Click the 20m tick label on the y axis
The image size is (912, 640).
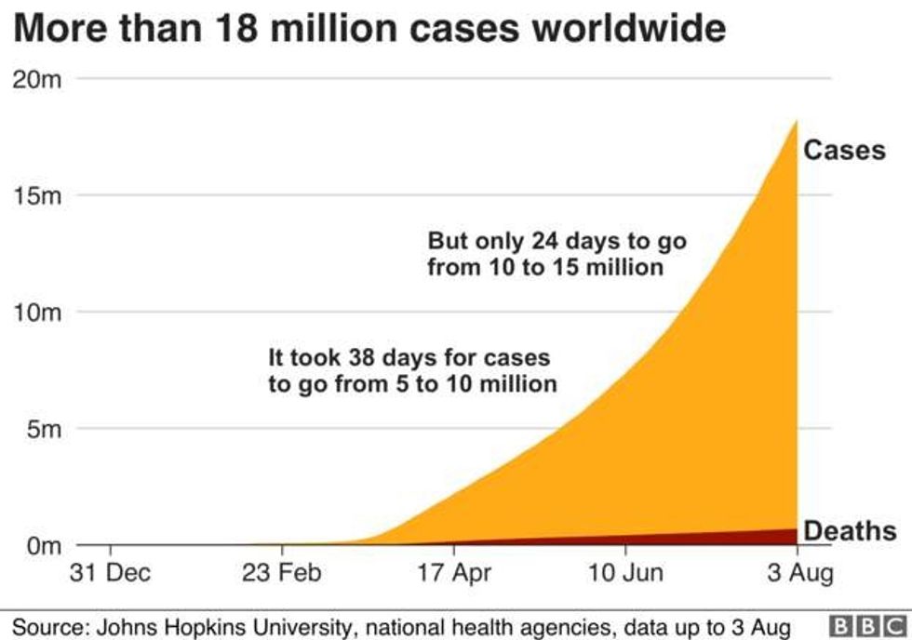[x=37, y=80]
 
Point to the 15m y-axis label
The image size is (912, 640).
[x=37, y=196]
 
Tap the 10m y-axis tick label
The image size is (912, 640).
[x=37, y=313]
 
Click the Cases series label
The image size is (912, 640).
[x=844, y=150]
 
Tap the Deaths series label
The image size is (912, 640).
[x=850, y=531]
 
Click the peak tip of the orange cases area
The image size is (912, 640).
[x=797, y=122]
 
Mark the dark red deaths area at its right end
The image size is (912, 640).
[x=791, y=537]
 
